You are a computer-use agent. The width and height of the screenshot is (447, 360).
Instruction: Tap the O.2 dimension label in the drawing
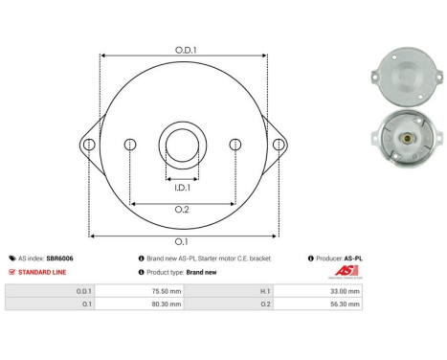(x=182, y=211)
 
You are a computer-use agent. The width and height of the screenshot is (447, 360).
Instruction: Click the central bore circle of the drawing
(x=182, y=146)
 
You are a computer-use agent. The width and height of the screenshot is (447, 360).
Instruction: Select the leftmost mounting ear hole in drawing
(x=89, y=145)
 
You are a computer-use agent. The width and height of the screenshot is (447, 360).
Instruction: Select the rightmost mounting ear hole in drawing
(x=279, y=145)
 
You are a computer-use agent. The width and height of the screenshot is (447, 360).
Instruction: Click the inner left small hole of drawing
(x=131, y=145)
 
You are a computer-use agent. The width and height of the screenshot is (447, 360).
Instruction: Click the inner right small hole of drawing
(x=235, y=145)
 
